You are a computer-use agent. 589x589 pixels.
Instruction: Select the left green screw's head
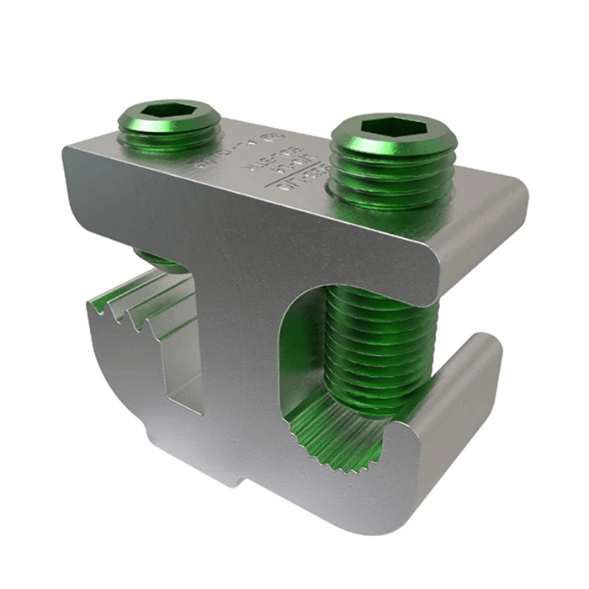170,125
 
